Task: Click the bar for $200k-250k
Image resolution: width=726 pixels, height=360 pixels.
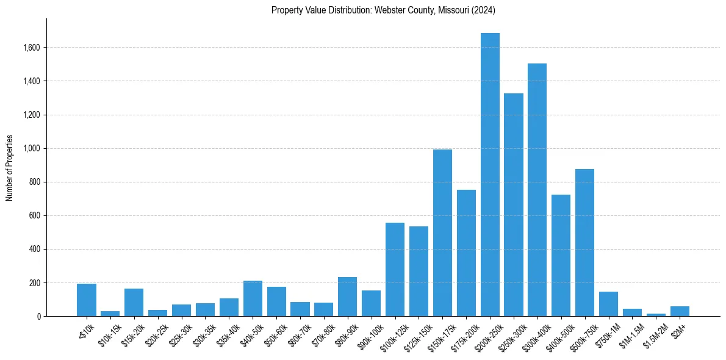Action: (x=490, y=175)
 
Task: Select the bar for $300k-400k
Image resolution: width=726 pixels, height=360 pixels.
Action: (x=537, y=190)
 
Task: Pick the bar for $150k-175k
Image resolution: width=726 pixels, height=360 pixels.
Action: (x=442, y=232)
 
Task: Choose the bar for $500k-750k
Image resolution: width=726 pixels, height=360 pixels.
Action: (x=584, y=242)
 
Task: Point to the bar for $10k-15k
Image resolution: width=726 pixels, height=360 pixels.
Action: (x=110, y=314)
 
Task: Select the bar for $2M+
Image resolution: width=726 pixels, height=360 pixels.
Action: (x=680, y=311)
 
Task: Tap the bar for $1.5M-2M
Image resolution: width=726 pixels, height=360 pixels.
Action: (x=656, y=315)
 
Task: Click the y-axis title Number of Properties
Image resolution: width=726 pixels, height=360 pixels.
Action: (x=9, y=167)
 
